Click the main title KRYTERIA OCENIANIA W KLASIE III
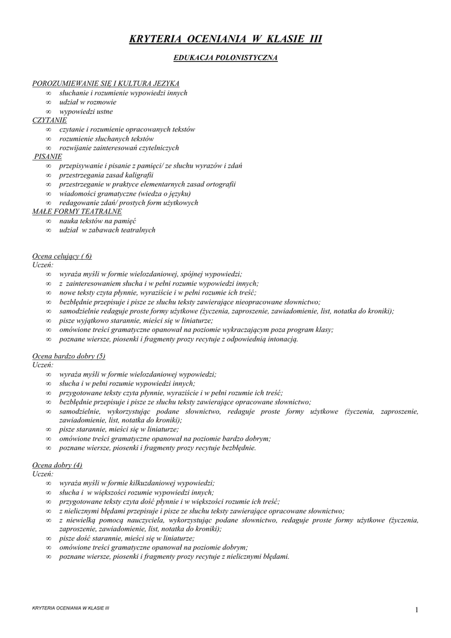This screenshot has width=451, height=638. [x=225, y=39]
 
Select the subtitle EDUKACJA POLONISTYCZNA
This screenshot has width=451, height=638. [x=225, y=58]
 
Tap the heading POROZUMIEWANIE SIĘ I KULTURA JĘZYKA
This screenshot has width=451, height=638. [x=106, y=83]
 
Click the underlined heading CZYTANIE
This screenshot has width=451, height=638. [x=49, y=120]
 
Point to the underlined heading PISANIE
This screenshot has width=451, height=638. [x=48, y=157]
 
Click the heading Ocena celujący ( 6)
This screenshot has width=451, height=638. [x=62, y=256]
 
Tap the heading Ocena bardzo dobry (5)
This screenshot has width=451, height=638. [x=69, y=356]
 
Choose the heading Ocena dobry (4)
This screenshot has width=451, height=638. [x=57, y=465]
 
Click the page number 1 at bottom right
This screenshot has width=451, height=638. [x=415, y=609]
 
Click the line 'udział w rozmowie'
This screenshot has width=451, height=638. [x=87, y=102]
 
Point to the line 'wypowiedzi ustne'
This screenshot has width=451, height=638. [x=86, y=111]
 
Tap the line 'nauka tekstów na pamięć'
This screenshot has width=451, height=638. [x=98, y=221]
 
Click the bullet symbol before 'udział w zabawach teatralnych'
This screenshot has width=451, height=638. [x=48, y=231]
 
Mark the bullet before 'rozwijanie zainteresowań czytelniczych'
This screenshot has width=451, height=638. [x=48, y=148]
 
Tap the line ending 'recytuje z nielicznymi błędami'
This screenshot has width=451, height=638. [x=174, y=556]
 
